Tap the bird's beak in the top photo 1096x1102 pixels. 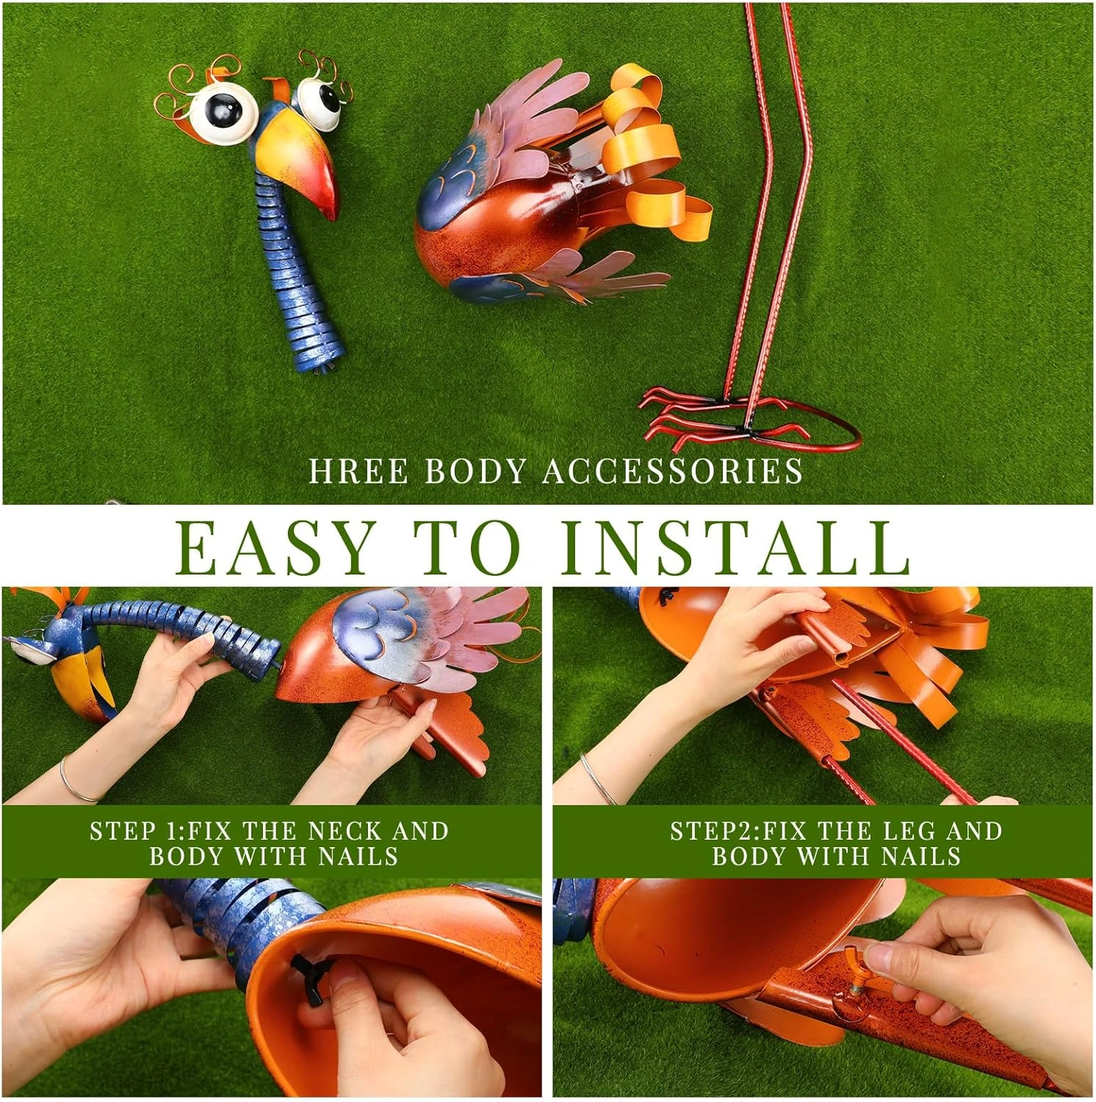(x=301, y=162)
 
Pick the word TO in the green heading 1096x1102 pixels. (x=472, y=548)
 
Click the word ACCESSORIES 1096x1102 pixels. (x=673, y=471)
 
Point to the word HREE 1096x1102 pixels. (x=358, y=471)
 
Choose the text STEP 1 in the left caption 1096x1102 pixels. (x=134, y=831)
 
